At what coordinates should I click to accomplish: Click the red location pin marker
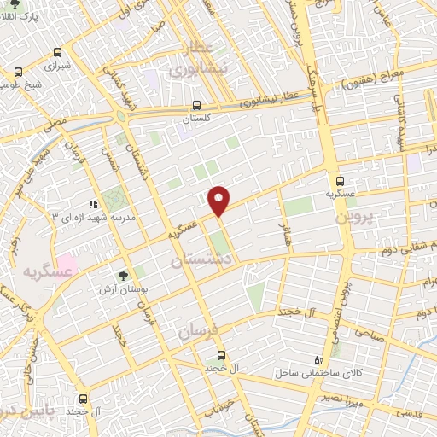(219, 201)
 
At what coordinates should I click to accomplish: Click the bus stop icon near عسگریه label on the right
(341, 181)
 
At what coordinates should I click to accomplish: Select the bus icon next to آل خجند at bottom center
(221, 354)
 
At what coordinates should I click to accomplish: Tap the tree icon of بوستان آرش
(125, 275)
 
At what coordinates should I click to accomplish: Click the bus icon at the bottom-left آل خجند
(84, 398)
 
